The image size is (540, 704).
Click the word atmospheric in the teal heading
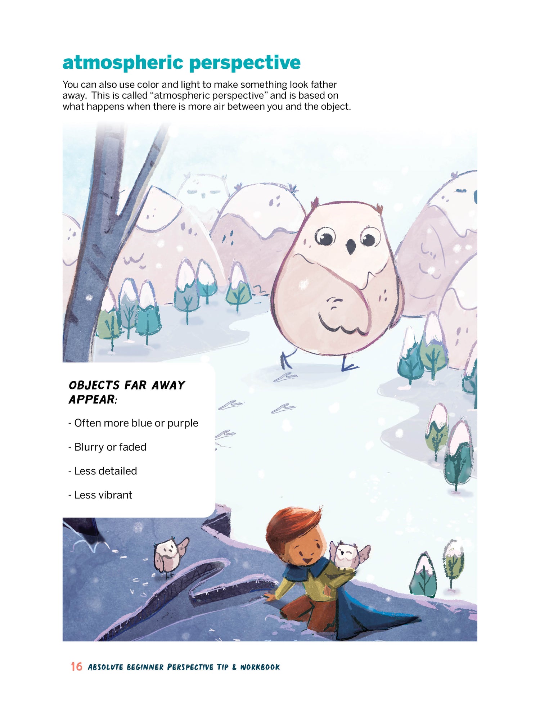123,63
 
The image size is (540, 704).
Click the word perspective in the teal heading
245,63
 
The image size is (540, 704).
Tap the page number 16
76,667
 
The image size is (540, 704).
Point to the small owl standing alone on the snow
169,556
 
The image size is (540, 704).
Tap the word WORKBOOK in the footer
260,667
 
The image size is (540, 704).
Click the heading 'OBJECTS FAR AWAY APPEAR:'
127,392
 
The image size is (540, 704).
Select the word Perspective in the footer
190,667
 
